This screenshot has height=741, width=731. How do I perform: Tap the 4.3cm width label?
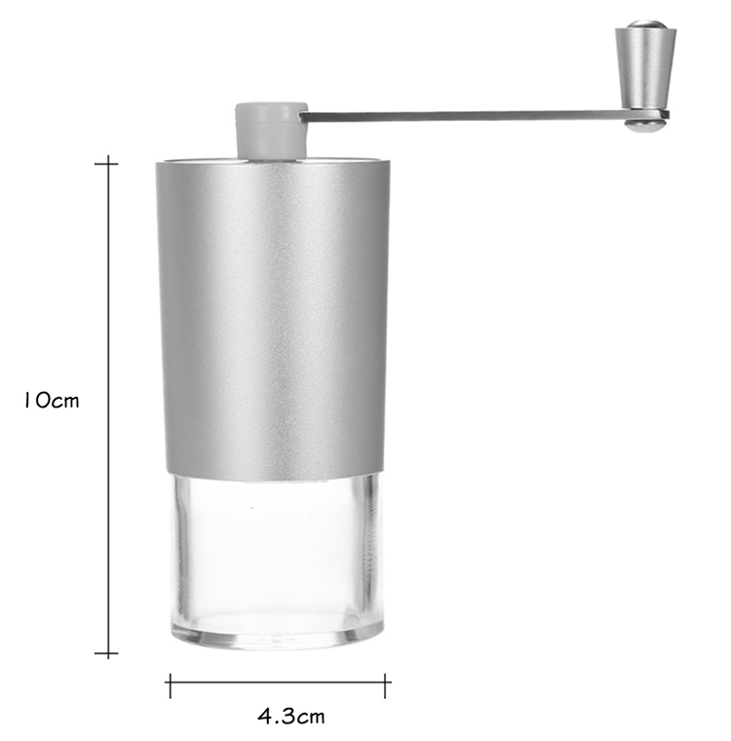coord(291,717)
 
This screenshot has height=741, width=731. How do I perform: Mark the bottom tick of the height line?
coord(106,653)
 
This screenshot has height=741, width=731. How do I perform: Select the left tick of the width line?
coord(170,685)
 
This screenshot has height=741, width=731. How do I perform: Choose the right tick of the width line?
coord(387,685)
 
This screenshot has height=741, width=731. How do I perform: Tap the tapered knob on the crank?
coord(645,68)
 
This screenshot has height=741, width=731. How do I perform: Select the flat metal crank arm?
coord(468,116)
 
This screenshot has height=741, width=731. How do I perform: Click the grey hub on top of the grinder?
coord(272,130)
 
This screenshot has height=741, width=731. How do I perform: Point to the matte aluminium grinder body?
coord(273,312)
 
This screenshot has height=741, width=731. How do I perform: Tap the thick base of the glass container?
coord(277,632)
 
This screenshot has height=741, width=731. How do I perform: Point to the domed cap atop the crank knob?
coord(644,25)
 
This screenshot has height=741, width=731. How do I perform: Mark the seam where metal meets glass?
coord(274,478)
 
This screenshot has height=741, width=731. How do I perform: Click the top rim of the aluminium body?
coord(273,161)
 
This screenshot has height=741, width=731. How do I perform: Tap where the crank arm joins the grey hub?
coord(304,116)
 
